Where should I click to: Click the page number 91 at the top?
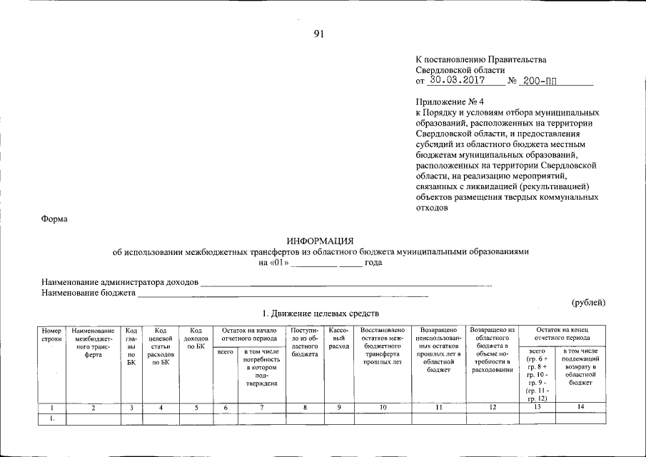pos(318,34)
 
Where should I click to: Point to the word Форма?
pos(54,219)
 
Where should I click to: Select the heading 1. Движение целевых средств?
pos(320,313)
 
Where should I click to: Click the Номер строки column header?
pos(52,334)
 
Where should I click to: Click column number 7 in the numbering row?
pos(261,408)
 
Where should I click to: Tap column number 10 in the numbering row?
pos(383,408)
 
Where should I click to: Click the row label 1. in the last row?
pos(52,418)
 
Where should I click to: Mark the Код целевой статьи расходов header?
pos(160,346)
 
